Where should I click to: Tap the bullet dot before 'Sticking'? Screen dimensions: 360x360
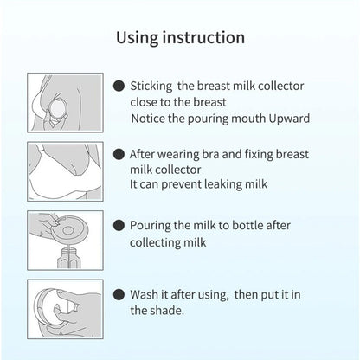click(119, 87)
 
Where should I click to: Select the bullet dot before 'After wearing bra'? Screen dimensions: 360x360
click(119, 153)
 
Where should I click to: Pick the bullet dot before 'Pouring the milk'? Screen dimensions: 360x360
click(119, 224)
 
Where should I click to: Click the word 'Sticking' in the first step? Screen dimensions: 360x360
click(154, 87)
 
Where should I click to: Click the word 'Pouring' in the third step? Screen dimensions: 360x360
click(153, 224)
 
